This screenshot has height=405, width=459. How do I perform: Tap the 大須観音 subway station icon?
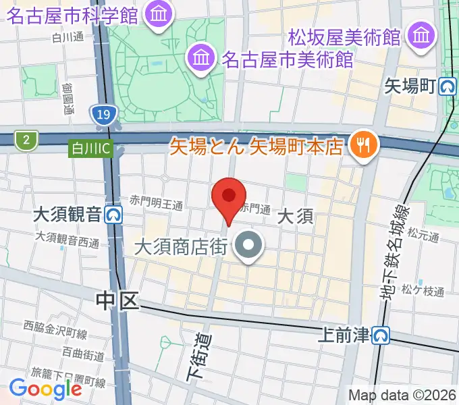tap(113, 215)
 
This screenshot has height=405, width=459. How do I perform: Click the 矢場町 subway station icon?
tap(447, 86)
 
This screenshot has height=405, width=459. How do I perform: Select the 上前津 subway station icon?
tap(382, 335)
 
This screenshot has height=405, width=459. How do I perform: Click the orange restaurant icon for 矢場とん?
tap(363, 144)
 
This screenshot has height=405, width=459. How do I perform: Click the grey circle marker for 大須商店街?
tap(249, 247)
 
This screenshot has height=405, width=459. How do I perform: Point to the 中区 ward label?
tap(117, 300)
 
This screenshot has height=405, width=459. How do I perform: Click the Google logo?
tap(45, 388)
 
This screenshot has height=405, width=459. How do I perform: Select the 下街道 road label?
tap(196, 356)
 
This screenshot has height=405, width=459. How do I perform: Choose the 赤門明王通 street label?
tap(157, 202)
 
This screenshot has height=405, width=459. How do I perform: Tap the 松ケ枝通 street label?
tap(423, 292)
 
